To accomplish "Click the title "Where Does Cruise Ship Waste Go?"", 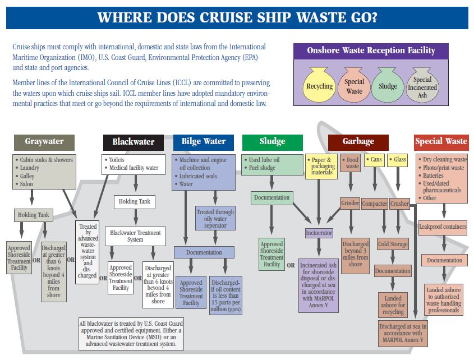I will pyautogui.click(x=237, y=17).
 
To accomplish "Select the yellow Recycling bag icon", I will pyautogui.click(x=319, y=85).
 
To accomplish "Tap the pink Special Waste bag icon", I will pyautogui.click(x=354, y=85).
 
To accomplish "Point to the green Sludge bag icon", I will pyautogui.click(x=388, y=85).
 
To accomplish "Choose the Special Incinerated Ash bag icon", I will pyautogui.click(x=422, y=86).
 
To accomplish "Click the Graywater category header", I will pyautogui.click(x=44, y=141).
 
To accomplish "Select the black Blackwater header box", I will pyautogui.click(x=133, y=142).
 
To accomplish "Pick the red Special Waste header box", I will pyautogui.click(x=441, y=141).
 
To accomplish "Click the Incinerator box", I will pyautogui.click(x=319, y=232).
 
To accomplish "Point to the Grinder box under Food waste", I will pyautogui.click(x=349, y=203).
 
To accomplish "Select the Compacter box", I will pyautogui.click(x=375, y=204).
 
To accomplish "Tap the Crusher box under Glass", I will pyautogui.click(x=399, y=204).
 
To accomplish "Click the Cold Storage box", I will pyautogui.click(x=392, y=244).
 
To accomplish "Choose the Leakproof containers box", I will pyautogui.click(x=443, y=227).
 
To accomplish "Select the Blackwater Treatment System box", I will pyautogui.click(x=135, y=236).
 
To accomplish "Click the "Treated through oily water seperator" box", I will pyautogui.click(x=215, y=219).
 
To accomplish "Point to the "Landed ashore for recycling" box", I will pyautogui.click(x=393, y=304).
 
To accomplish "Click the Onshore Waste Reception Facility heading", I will pyautogui.click(x=371, y=50).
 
